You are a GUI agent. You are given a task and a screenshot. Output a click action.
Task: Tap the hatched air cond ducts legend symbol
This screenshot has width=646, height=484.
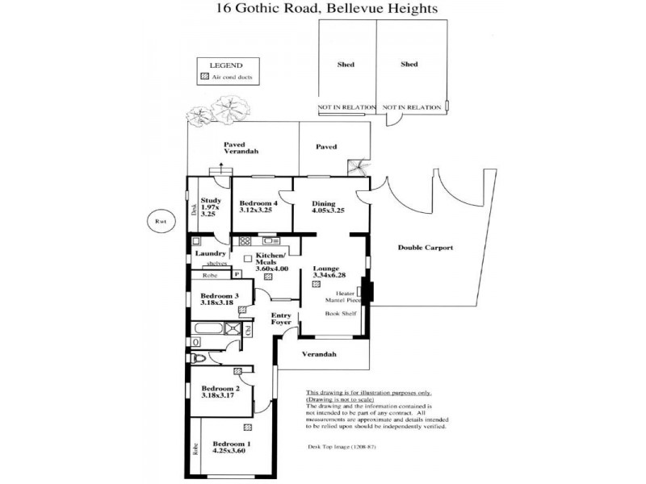point(204,77)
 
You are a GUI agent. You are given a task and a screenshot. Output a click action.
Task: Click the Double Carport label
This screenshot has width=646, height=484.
point(425,248)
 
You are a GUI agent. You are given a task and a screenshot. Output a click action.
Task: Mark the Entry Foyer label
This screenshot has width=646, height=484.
point(281,319)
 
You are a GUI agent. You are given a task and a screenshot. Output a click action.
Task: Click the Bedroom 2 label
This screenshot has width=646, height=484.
point(220,391)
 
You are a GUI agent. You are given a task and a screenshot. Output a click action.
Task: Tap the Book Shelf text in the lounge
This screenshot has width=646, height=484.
point(340,312)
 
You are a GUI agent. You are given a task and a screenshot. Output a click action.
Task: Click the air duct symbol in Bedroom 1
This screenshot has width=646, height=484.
point(244,428)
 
